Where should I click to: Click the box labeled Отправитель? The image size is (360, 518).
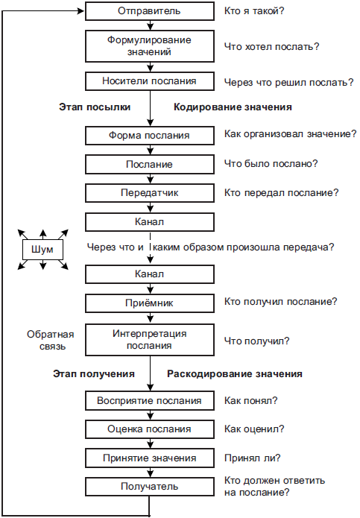pyautogui.click(x=150, y=11)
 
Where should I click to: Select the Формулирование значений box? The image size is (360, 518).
pyautogui.click(x=150, y=46)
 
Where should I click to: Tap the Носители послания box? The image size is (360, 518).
pyautogui.click(x=150, y=81)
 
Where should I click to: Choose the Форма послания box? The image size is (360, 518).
pyautogui.click(x=150, y=136)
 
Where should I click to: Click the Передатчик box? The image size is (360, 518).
pyautogui.click(x=150, y=193)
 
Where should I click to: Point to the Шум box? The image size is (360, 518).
pyautogui.click(x=42, y=250)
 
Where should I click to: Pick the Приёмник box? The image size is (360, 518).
pyautogui.click(x=150, y=303)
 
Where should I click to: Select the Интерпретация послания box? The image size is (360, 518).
pyautogui.click(x=150, y=340)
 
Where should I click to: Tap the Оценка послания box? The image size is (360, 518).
pyautogui.click(x=150, y=429)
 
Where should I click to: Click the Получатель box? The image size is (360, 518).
pyautogui.click(x=150, y=487)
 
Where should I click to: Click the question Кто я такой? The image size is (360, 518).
pyautogui.click(x=254, y=11)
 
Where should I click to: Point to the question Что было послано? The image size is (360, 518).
pyautogui.click(x=271, y=164)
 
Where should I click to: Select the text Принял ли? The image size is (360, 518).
pyautogui.click(x=253, y=458)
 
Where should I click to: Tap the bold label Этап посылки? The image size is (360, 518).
pyautogui.click(x=95, y=107)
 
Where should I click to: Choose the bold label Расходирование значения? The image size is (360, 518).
pyautogui.click(x=235, y=373)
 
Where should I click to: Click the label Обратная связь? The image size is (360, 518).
pyautogui.click(x=51, y=341)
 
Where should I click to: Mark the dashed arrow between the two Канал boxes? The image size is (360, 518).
pyautogui.click(x=151, y=247)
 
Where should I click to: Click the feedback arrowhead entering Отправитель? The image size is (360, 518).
pyautogui.click(x=81, y=11)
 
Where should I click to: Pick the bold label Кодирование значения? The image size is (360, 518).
pyautogui.click(x=233, y=107)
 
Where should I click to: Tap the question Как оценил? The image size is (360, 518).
pyautogui.click(x=254, y=429)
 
